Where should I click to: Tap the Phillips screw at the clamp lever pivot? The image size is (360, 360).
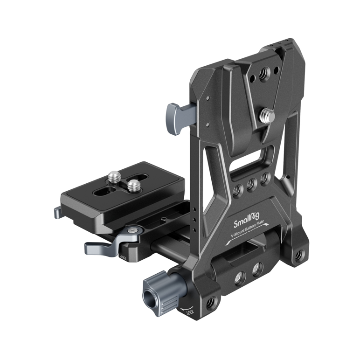pos(134,230)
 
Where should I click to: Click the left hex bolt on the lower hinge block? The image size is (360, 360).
pos(239,278)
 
